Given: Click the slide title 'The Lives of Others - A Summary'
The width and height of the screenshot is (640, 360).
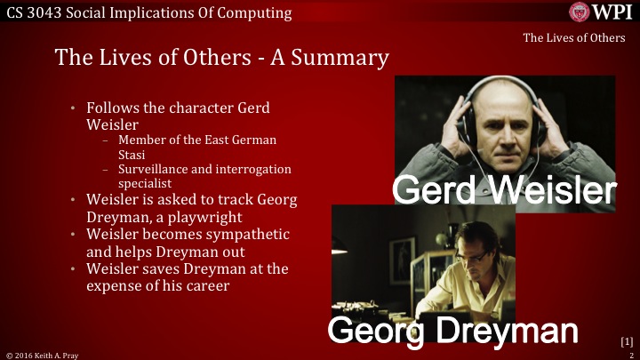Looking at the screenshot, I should [x=221, y=58].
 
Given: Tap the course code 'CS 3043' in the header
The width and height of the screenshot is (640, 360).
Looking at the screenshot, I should [x=34, y=12].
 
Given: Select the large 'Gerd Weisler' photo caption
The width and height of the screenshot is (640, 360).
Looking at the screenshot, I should [x=504, y=189].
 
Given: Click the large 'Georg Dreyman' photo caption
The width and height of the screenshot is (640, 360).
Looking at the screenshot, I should [x=453, y=330].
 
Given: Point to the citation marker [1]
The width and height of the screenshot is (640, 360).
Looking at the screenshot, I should [x=626, y=340].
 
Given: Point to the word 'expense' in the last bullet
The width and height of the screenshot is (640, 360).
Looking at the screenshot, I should [x=117, y=285].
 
